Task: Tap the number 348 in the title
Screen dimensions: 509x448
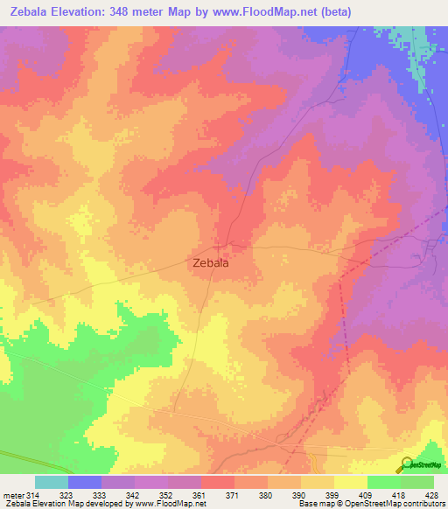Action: [136, 13]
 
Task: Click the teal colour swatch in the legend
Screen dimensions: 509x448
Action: [52, 482]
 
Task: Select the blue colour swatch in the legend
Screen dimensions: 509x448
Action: [85, 482]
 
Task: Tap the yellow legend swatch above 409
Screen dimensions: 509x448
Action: [351, 482]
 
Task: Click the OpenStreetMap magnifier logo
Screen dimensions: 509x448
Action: [406, 464]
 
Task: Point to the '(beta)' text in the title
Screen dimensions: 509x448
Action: [367, 13]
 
